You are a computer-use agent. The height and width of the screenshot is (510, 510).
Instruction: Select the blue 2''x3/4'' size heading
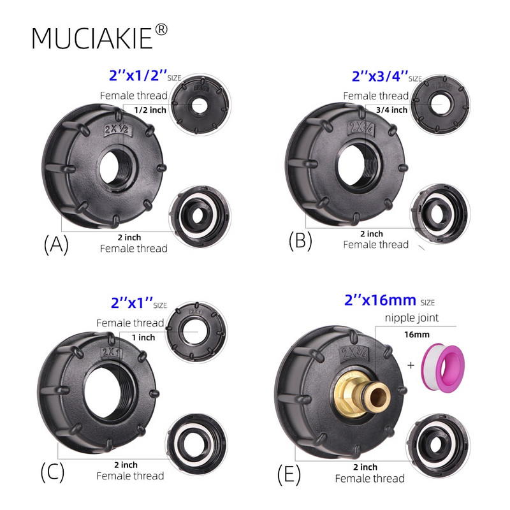(x=379, y=76)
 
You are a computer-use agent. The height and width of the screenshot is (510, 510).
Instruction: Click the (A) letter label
(x=55, y=245)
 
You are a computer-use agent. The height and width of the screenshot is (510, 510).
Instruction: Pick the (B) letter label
(x=300, y=240)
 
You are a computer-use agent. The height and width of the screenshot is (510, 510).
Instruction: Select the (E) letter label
(x=291, y=474)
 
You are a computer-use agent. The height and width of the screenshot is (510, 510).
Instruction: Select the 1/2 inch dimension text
(x=150, y=110)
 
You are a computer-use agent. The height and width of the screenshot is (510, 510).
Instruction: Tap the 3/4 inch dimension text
(x=391, y=110)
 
